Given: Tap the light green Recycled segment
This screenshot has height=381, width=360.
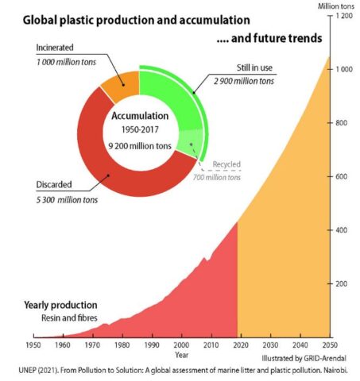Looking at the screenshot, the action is tap(189, 143).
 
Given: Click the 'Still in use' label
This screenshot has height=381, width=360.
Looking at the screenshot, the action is tap(254, 67).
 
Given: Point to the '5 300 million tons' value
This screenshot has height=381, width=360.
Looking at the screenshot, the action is tap(67, 200).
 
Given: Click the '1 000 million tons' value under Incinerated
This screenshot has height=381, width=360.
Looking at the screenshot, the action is tap(66, 62).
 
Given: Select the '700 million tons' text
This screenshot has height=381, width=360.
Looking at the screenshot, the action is tap(217, 177).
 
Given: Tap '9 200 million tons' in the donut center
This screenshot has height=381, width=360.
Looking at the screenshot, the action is tap(140, 146).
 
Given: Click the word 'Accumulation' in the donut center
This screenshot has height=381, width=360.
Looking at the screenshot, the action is tap(140, 116).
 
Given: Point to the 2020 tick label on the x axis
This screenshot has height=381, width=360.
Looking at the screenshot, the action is tap(241, 345).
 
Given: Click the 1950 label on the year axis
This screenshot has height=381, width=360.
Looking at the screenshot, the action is tap(33, 345).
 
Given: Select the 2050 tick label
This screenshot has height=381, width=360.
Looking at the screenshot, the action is tap(330, 345).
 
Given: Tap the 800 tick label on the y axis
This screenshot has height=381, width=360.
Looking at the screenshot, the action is tap(341, 123).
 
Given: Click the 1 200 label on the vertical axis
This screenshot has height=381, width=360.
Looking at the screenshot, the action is tap(344, 16).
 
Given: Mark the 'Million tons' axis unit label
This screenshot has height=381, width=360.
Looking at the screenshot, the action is tap(336, 6).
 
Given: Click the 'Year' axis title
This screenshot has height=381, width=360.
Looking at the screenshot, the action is tap(181, 355).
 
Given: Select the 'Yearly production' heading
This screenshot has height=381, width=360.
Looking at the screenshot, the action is tap(60, 305).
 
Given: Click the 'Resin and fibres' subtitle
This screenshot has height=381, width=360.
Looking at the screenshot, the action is tap(69, 317).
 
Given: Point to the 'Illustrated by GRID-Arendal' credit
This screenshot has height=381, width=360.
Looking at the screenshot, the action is tap(304, 358).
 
